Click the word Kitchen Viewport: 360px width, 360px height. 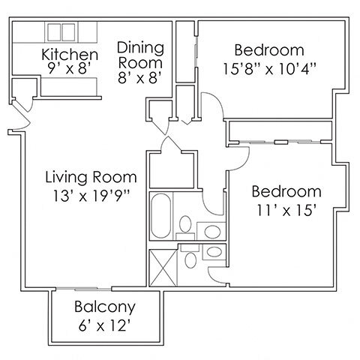pyautogui.click(x=70, y=55)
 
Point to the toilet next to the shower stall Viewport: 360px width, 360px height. pyautogui.click(x=192, y=261)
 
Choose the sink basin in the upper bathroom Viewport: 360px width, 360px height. pyautogui.click(x=213, y=229)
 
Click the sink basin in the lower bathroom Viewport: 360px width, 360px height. pyautogui.click(x=214, y=251)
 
